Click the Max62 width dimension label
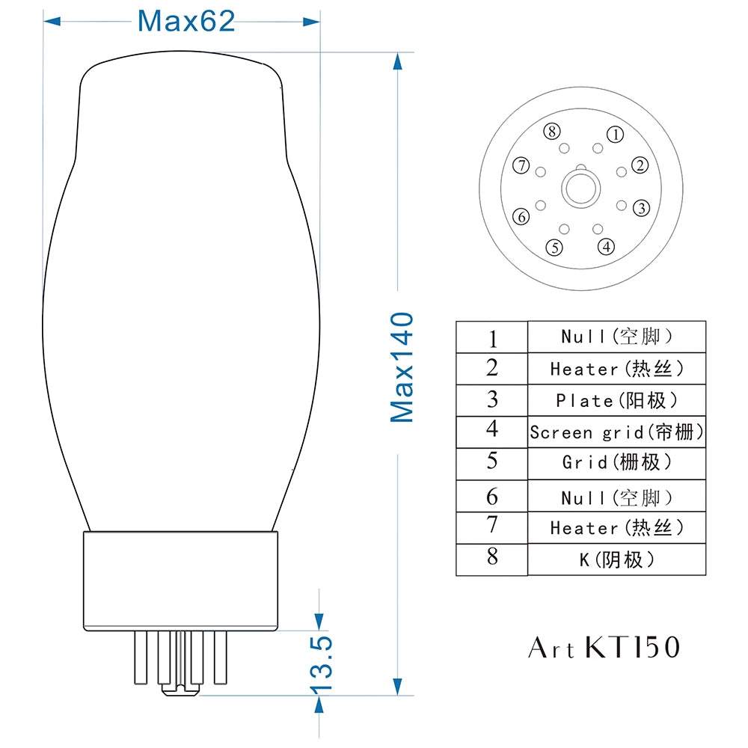pyautogui.click(x=186, y=21)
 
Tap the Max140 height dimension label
pyautogui.click(x=402, y=367)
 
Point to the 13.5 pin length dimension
pyautogui.click(x=321, y=664)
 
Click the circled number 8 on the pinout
pyautogui.click(x=552, y=131)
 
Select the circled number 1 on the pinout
pyautogui.click(x=616, y=135)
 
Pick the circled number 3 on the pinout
pyautogui.click(x=642, y=208)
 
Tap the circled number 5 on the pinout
pyautogui.click(x=554, y=248)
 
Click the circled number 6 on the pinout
pyautogui.click(x=521, y=217)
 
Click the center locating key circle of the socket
pyautogui.click(x=581, y=188)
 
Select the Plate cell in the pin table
pyautogui.click(x=616, y=400)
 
